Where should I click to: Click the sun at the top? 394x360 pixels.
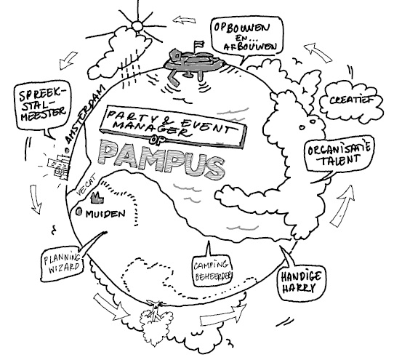pyautogui.click(x=137, y=25)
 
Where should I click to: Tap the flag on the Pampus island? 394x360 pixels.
pyautogui.click(x=198, y=45)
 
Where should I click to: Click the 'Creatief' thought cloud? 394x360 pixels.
pyautogui.click(x=352, y=101)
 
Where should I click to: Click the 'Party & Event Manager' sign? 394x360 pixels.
pyautogui.click(x=174, y=126)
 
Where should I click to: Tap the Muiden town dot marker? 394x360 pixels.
pyautogui.click(x=79, y=212)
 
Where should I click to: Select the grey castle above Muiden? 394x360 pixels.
pyautogui.click(x=97, y=198)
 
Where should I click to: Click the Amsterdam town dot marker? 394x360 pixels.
pyautogui.click(x=67, y=151)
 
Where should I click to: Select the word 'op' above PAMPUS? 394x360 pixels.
pyautogui.click(x=156, y=140)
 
